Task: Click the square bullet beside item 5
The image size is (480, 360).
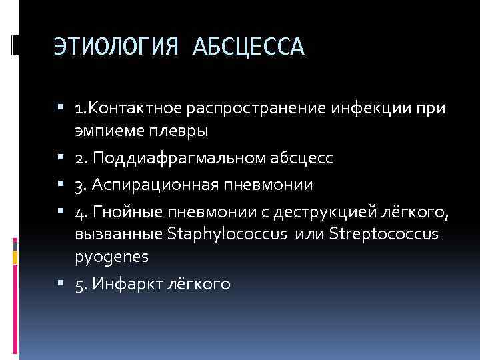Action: [x=64, y=284]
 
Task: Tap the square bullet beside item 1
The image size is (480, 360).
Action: [x=64, y=107]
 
